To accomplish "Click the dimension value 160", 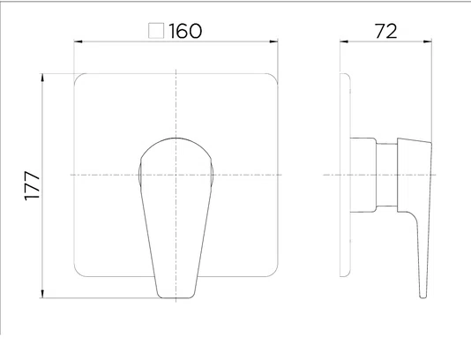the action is tap(185, 31).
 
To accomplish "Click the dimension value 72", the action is tap(386, 31).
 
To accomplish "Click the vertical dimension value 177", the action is tap(32, 185).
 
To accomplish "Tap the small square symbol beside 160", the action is tap(156, 31).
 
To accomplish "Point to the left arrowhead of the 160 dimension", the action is tap(78, 41).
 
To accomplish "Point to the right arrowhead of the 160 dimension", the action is tap(274, 41).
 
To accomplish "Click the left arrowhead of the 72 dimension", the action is tap(344, 41).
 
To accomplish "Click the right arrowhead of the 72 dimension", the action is tap(428, 41).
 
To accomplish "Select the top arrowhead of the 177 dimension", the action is tap(42, 78).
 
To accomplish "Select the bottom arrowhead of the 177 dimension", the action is tap(42, 294).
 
